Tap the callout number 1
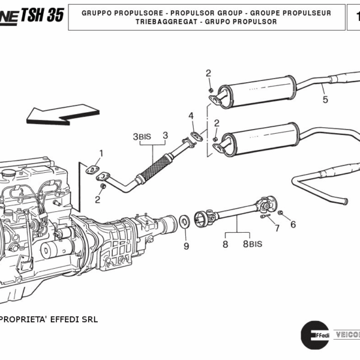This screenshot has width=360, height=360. click(x=101, y=153)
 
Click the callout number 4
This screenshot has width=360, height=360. click(x=191, y=116)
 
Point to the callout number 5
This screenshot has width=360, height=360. click(x=325, y=100)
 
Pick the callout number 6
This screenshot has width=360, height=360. click(x=293, y=224)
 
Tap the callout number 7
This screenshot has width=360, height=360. click(x=277, y=228)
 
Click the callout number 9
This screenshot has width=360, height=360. click(x=186, y=246)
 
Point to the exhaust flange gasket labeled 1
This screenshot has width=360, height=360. click(x=92, y=170)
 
